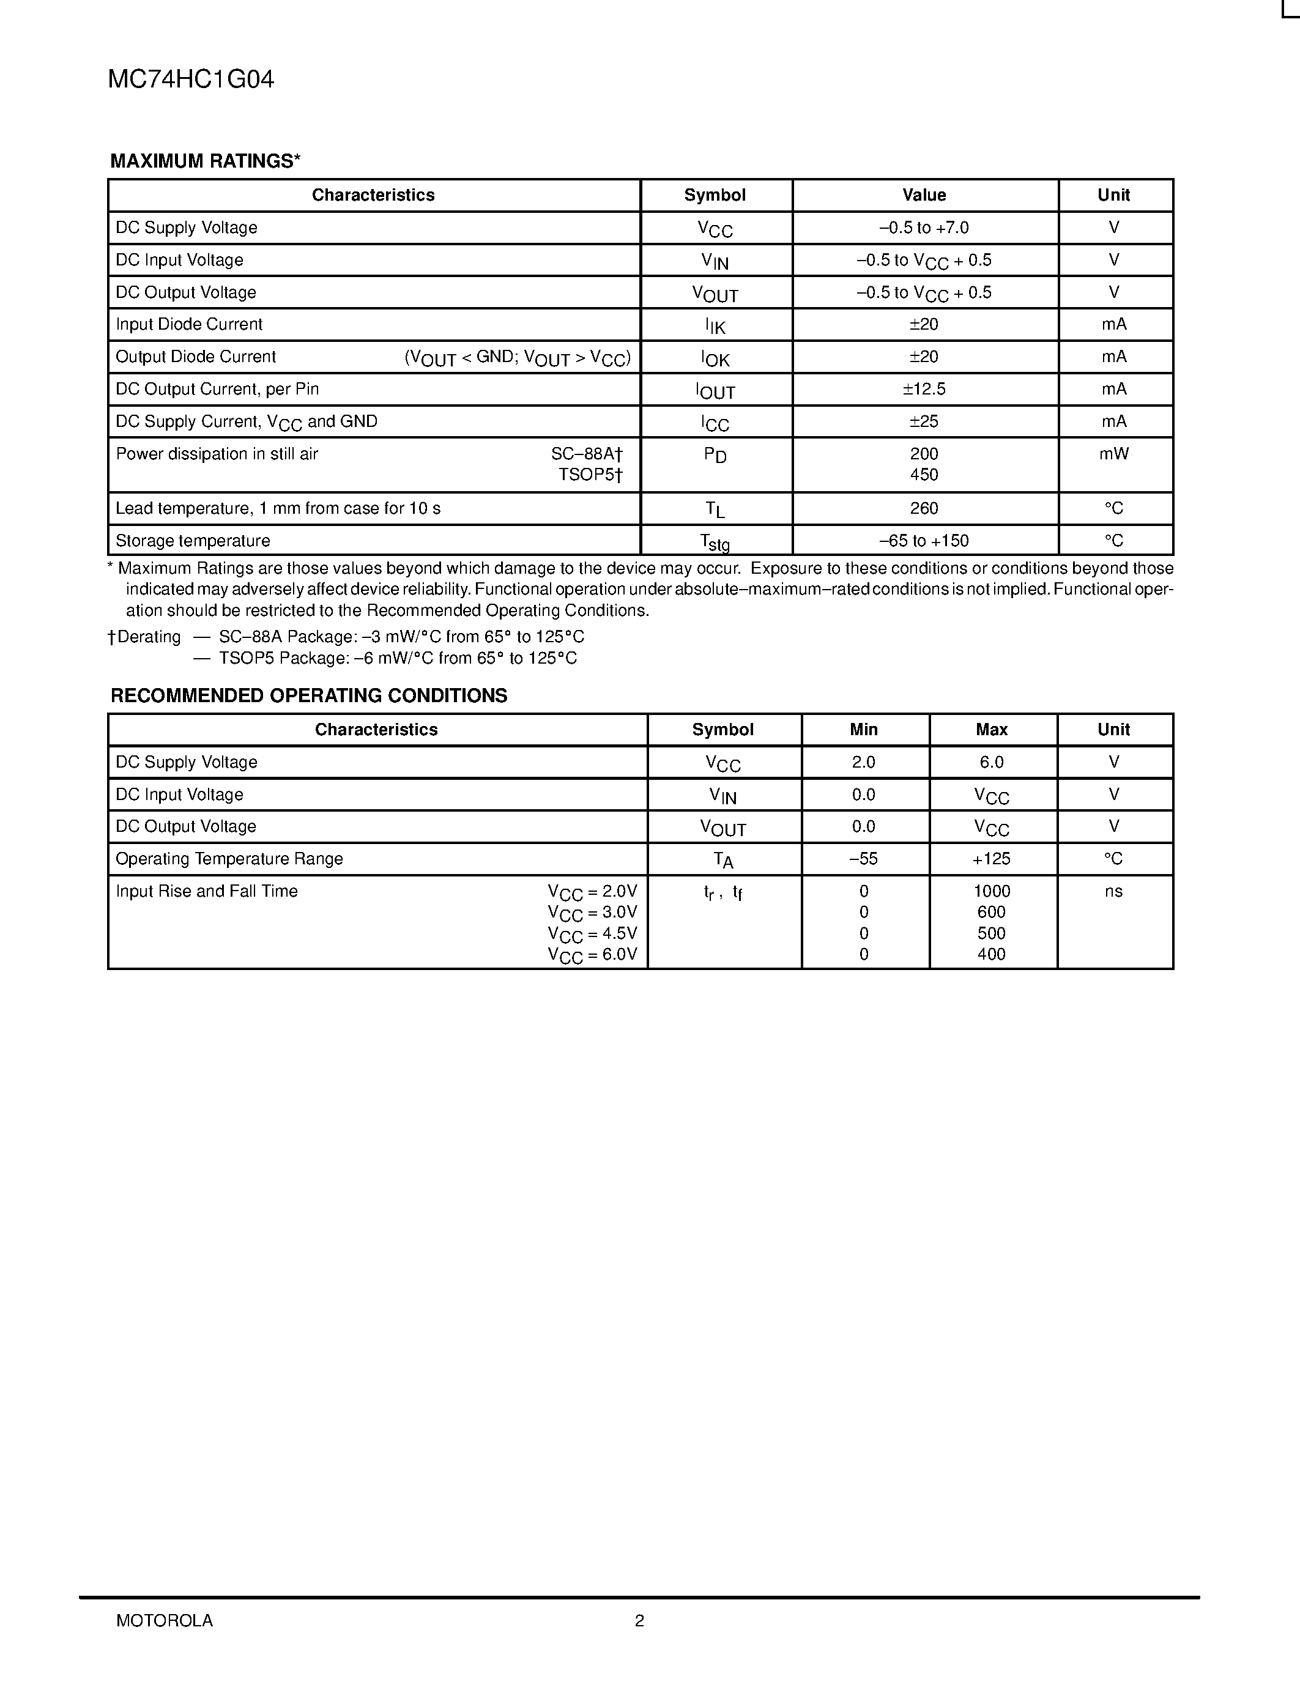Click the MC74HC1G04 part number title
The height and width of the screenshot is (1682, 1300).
point(190,80)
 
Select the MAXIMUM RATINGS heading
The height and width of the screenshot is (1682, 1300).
point(205,161)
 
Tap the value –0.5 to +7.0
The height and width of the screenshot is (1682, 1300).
point(923,228)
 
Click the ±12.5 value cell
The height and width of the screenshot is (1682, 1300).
point(923,389)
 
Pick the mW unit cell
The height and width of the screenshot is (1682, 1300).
point(1113,454)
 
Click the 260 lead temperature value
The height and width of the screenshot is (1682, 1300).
point(923,508)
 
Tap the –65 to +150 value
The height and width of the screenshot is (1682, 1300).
point(923,541)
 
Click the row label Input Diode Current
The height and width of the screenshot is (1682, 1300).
point(188,324)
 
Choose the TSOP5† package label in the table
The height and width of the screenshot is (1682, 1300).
point(590,475)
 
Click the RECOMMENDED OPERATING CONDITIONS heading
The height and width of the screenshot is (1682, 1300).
point(309,695)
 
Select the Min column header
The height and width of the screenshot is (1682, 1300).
point(863,729)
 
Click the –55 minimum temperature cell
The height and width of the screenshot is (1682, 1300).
point(863,859)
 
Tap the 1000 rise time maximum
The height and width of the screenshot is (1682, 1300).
point(991,891)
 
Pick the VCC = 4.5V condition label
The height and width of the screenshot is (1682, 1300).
point(592,934)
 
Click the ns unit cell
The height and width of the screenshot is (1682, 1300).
point(1113,891)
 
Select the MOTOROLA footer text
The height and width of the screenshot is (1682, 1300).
point(164,1620)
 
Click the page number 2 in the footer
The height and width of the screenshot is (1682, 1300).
point(639,1620)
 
